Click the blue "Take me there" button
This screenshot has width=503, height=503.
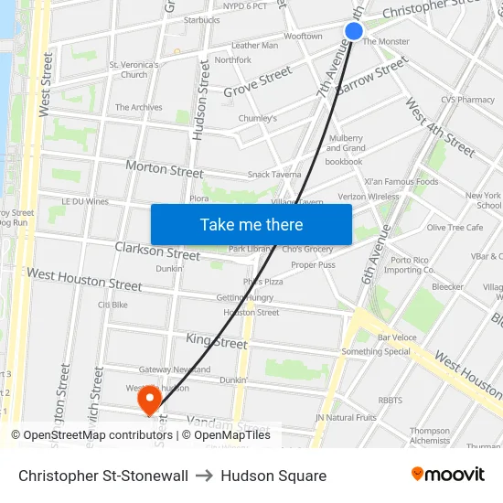(251, 224)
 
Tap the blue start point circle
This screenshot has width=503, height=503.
(354, 32)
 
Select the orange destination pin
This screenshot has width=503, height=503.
(148, 400)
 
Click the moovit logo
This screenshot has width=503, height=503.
(447, 475)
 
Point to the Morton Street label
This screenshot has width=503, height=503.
(165, 170)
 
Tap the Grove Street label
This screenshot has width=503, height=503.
(258, 81)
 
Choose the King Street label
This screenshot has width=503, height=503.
(217, 342)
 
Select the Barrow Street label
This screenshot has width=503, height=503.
(371, 78)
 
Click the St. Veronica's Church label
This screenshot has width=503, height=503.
(134, 70)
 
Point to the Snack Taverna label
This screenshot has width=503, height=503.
(274, 175)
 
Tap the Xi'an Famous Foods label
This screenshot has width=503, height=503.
(401, 181)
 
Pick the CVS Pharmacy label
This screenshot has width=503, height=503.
(467, 100)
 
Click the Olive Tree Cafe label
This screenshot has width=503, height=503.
(455, 227)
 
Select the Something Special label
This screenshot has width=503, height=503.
(376, 351)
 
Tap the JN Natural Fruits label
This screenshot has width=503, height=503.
(346, 417)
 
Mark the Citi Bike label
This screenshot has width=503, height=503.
(112, 305)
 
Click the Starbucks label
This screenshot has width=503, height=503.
(201, 19)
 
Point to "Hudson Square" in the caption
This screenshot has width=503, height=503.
(273, 476)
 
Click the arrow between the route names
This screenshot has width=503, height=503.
(204, 476)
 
